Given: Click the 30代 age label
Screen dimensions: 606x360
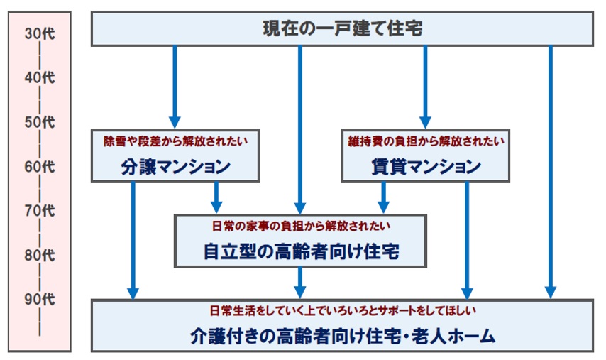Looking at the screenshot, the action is (40, 33).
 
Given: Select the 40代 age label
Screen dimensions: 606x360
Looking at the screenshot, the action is (40, 77).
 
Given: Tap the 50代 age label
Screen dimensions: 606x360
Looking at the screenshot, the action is (40, 122).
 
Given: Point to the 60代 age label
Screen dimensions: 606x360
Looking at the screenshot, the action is (40, 167).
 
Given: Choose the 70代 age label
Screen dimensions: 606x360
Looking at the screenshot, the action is (40, 211).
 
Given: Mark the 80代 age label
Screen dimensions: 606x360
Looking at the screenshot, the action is (40, 255).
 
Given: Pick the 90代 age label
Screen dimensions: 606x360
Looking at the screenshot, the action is (40, 300).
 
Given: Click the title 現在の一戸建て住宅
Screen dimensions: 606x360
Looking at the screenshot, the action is (343, 28).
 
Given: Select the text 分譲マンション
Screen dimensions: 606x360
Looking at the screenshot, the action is (175, 167).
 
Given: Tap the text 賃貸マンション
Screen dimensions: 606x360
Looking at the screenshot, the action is (426, 167).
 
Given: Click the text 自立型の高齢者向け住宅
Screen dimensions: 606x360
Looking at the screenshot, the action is (301, 251).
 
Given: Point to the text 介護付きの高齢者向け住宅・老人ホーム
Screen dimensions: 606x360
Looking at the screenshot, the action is (343, 336).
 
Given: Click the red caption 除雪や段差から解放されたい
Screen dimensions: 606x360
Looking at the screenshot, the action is (175, 141).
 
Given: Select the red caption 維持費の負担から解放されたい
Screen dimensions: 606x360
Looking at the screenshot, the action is (426, 141).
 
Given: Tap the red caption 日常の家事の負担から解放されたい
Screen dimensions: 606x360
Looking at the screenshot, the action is (301, 226).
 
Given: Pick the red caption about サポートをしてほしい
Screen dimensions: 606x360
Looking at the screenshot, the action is (343, 310).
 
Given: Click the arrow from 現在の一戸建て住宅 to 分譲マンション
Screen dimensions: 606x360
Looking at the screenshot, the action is (175, 87).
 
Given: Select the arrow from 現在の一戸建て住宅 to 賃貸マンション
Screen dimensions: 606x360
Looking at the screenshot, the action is (425, 87).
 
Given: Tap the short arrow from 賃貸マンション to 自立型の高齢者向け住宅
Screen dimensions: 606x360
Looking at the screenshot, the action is (383, 197).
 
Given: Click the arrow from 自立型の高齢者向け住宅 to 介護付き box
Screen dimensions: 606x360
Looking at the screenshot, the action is (300, 283).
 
